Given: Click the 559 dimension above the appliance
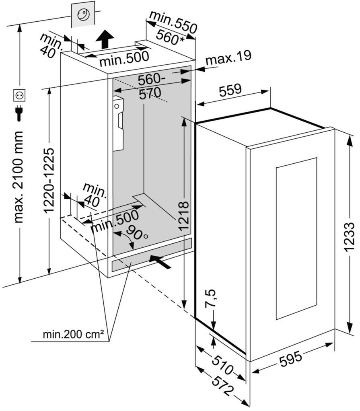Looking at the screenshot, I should tap(230, 90).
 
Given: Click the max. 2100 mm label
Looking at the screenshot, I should tap(19, 177).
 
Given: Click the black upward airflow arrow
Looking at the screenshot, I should tap(105, 39).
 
